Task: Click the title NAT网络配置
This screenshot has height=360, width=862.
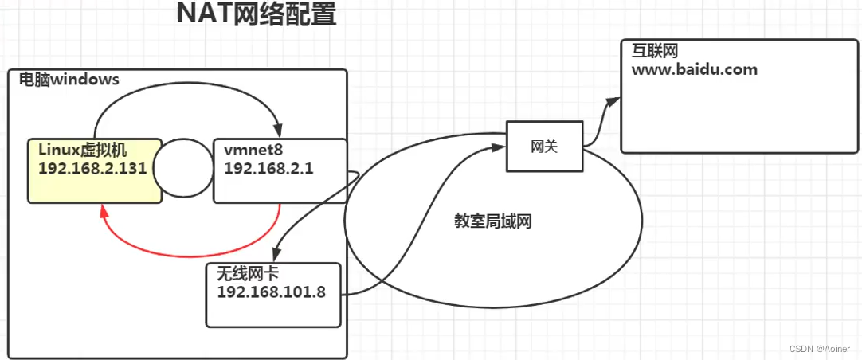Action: pyautogui.click(x=256, y=15)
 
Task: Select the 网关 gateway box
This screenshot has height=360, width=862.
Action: pyautogui.click(x=544, y=147)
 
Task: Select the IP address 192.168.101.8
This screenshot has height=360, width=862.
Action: pyautogui.click(x=271, y=291)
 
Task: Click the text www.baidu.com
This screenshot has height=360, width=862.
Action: pyautogui.click(x=695, y=69)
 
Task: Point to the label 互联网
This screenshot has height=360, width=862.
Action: pyautogui.click(x=654, y=51)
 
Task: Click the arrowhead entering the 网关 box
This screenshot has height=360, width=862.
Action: pyautogui.click(x=500, y=147)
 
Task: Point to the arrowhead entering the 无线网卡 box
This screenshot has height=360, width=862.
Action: pyautogui.click(x=276, y=253)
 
